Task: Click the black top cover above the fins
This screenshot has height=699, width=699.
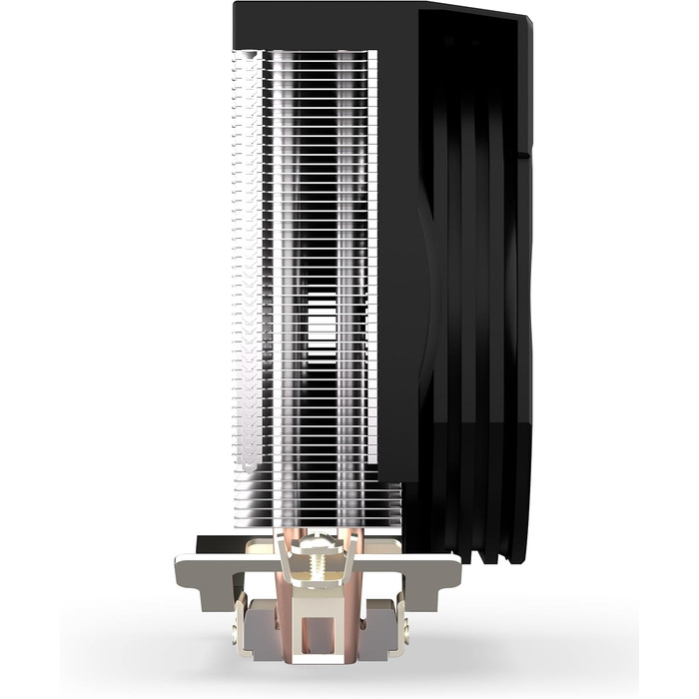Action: (320, 25)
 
